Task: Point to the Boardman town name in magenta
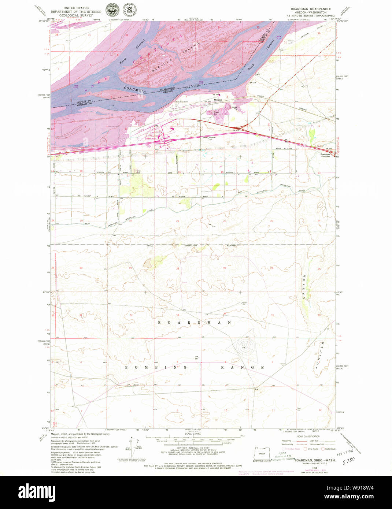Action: (150, 139)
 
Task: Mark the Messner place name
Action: (218, 100)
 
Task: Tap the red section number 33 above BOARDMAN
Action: (178, 315)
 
